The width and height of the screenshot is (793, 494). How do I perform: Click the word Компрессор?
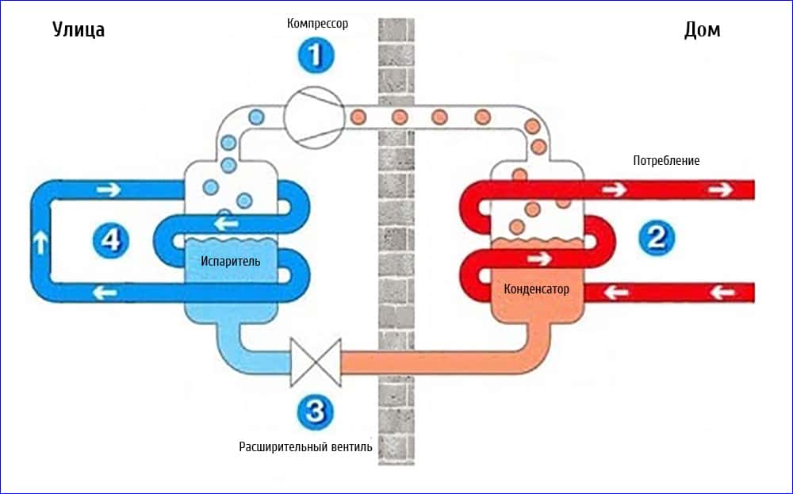(x=317, y=24)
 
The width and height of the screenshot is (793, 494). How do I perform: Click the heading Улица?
(x=79, y=30)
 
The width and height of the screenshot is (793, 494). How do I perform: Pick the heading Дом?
(x=702, y=30)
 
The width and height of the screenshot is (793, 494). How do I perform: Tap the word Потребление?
(x=666, y=161)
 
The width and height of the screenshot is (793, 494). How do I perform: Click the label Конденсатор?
(x=536, y=289)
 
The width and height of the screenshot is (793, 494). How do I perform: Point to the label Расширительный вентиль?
(x=305, y=446)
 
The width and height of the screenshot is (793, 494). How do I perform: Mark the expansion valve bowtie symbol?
(x=316, y=362)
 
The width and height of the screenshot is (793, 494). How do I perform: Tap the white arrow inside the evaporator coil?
(x=227, y=224)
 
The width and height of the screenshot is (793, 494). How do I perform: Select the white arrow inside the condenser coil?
(x=539, y=258)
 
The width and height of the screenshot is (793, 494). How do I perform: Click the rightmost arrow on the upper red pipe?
(x=720, y=190)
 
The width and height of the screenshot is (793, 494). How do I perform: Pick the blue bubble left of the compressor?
(x=255, y=117)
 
